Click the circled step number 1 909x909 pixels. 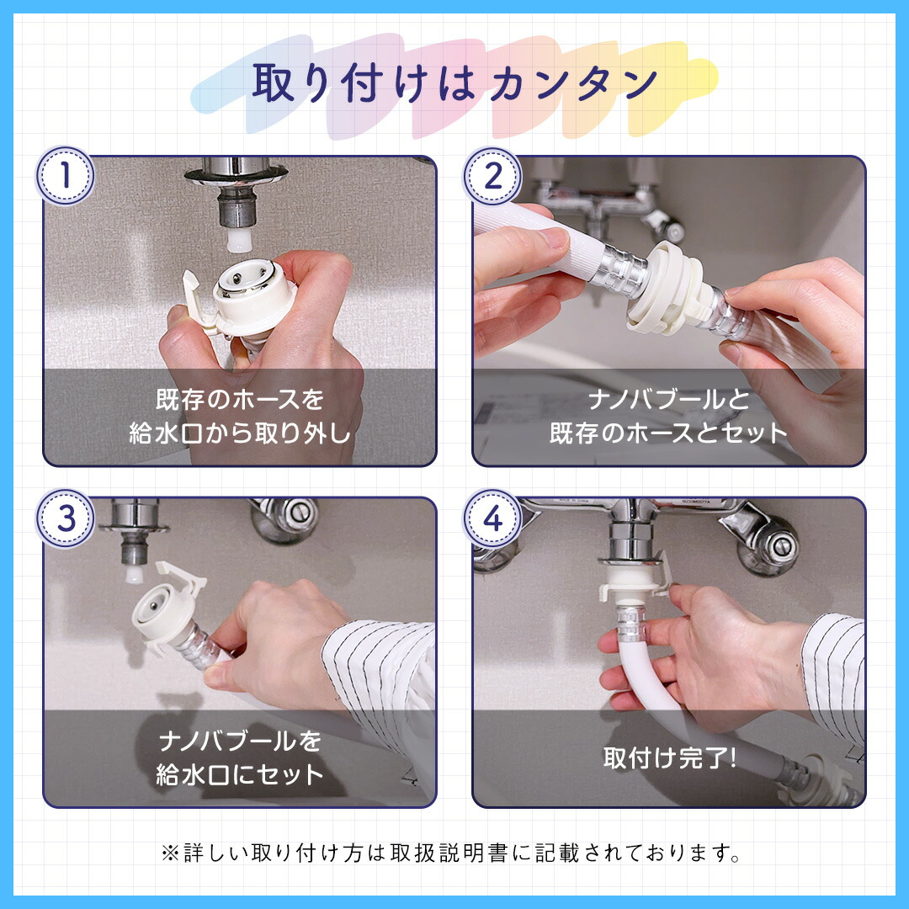65,175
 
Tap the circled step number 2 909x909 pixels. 492,175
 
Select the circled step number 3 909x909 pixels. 65,518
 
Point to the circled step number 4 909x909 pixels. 492,518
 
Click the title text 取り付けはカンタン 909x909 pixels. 454,82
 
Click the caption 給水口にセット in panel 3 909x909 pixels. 239,774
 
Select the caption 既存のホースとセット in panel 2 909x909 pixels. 668,433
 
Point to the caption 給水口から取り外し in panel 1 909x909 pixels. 239,433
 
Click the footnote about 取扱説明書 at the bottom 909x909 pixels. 450,853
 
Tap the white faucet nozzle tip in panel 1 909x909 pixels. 239,239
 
